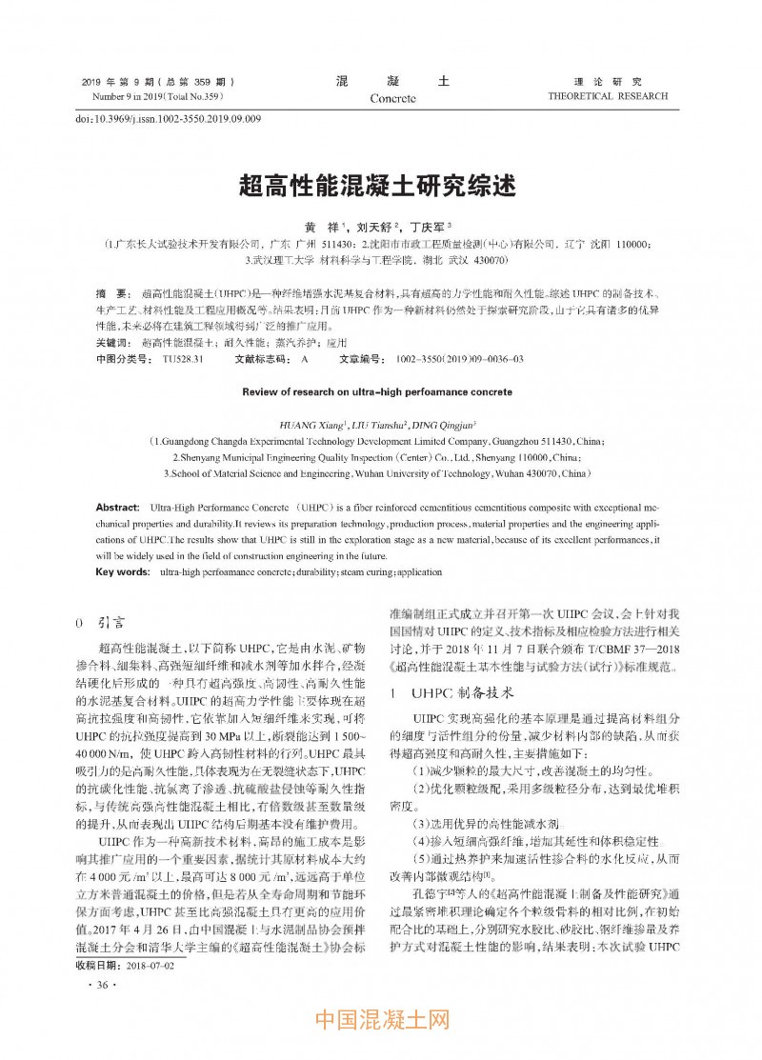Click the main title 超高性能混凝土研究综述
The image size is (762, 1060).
click(381, 185)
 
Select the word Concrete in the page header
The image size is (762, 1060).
click(392, 98)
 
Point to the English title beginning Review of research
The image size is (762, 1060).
click(377, 391)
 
